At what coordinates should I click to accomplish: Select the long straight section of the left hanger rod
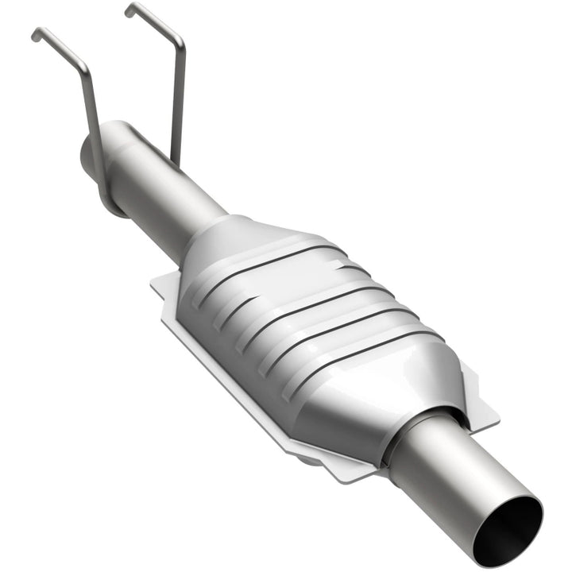point(91,119)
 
